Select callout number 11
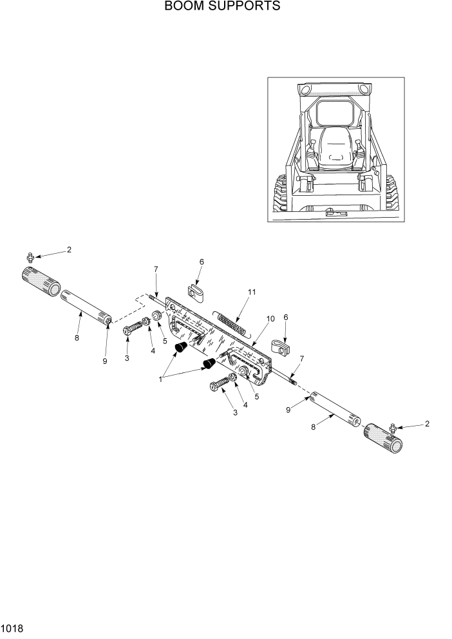pyautogui.click(x=252, y=292)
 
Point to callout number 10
pyautogui.click(x=270, y=319)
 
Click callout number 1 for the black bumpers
pyautogui.click(x=160, y=379)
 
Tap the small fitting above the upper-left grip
pyautogui.click(x=30, y=257)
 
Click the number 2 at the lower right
pyautogui.click(x=427, y=424)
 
